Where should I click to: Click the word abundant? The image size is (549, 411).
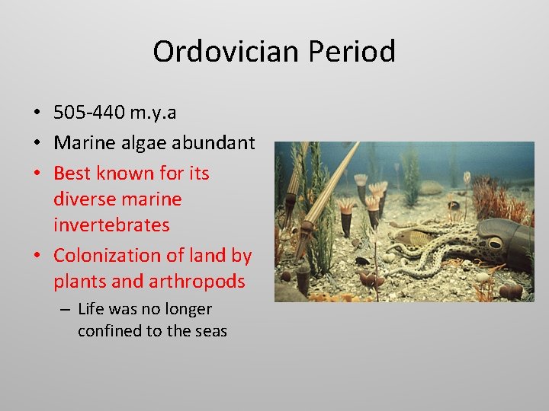coord(218,142)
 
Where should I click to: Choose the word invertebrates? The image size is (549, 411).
coord(111,225)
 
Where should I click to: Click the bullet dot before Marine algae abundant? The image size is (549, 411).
coord(37,143)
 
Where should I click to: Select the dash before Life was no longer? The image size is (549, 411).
coord(67,310)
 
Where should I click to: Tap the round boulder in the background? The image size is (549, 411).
coord(431,186)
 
